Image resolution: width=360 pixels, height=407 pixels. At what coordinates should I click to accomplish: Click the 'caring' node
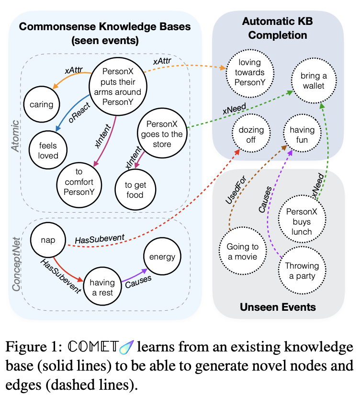click(x=42, y=104)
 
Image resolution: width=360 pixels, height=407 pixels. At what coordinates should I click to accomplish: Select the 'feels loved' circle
click(x=48, y=150)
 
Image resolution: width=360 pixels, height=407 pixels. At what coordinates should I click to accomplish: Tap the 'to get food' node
click(x=135, y=190)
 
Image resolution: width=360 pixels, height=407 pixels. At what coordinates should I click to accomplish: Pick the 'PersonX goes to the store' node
click(x=162, y=134)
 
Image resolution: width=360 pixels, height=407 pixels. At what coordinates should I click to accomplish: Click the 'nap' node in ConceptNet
click(x=48, y=240)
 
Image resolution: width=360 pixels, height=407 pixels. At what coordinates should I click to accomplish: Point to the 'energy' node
click(x=162, y=257)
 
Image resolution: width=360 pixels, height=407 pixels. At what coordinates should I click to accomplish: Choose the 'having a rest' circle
click(x=102, y=286)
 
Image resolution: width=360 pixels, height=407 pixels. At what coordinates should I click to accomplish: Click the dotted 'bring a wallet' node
click(x=314, y=81)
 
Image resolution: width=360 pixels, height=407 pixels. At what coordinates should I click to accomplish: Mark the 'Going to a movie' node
click(x=243, y=251)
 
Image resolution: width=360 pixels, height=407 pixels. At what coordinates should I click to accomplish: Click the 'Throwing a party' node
click(x=302, y=270)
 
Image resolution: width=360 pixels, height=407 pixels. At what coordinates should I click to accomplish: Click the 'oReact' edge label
click(x=79, y=113)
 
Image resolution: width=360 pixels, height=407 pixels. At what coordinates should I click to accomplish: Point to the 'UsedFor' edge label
click(x=236, y=190)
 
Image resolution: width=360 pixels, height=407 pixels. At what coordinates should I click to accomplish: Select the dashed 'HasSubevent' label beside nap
click(x=100, y=239)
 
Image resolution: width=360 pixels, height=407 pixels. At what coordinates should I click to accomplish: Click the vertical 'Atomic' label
click(x=15, y=136)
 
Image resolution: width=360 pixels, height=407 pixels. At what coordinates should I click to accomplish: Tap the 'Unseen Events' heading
click(x=278, y=307)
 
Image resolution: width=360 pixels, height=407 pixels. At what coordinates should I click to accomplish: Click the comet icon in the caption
click(x=127, y=347)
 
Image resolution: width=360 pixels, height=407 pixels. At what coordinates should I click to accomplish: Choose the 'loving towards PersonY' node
click(x=250, y=73)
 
